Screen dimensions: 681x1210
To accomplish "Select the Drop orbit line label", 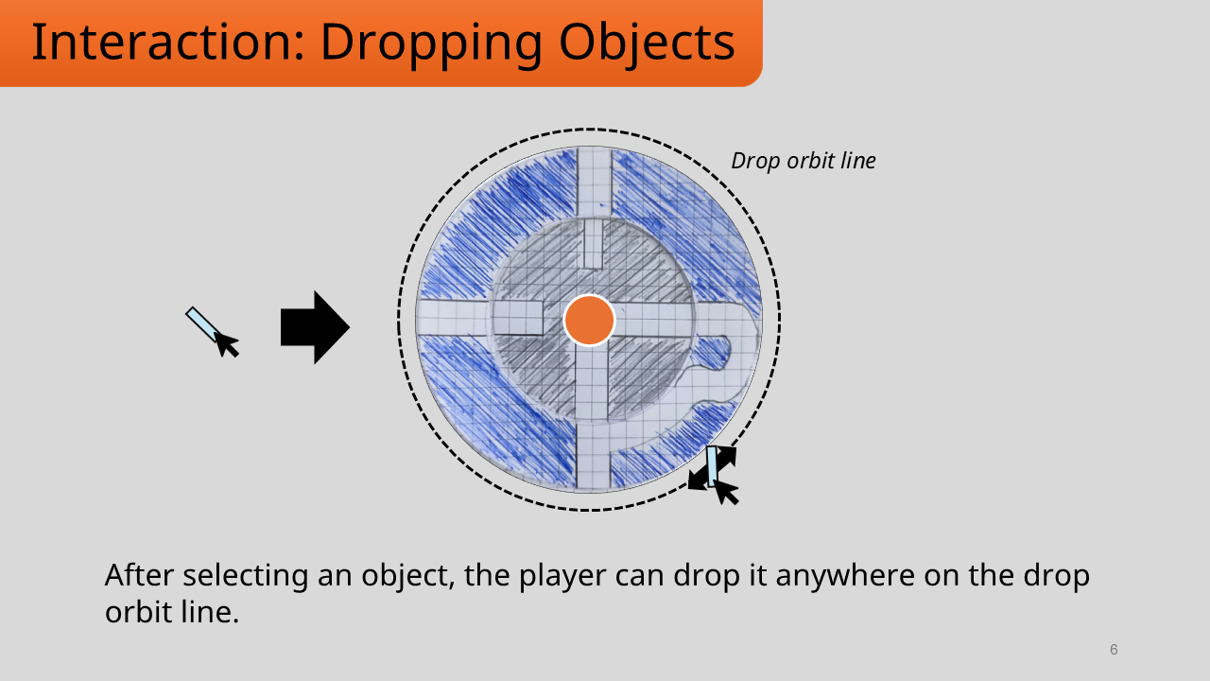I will point(804,161).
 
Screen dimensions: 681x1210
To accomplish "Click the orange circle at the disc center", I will point(589,321).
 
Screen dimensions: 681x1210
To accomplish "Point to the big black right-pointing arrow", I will point(315,327).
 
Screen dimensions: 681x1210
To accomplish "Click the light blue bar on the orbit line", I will point(713,465).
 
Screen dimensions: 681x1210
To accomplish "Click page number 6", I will point(1114,650).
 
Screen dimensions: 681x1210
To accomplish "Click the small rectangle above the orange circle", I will point(593,245).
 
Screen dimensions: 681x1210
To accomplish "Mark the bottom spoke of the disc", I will point(593,454).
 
